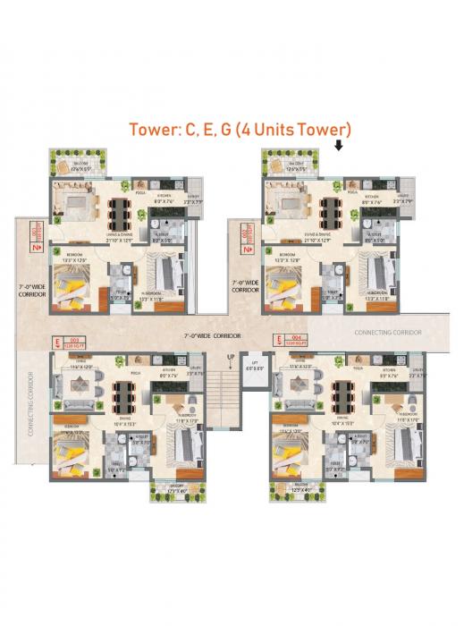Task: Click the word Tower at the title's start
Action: click(154, 129)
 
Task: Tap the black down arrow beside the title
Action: click(339, 145)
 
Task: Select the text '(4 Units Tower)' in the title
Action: click(294, 129)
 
